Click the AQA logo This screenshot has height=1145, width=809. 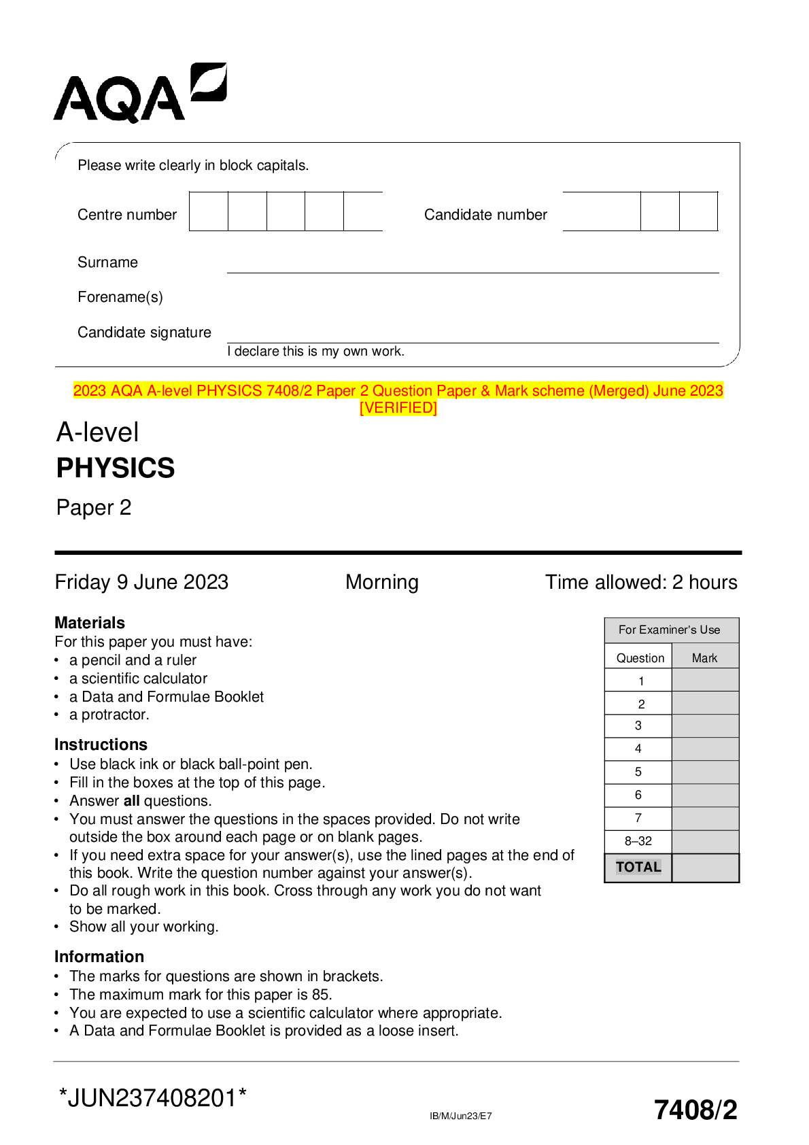[139, 93]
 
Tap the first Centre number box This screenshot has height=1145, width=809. [209, 211]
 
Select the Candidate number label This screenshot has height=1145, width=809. [485, 215]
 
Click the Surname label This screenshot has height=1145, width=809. [107, 262]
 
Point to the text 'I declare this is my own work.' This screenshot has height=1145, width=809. [316, 352]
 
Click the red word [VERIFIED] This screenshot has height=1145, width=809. [398, 408]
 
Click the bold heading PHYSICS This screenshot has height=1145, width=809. [116, 468]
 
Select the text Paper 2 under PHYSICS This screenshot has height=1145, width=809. [94, 508]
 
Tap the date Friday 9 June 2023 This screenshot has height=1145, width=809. [141, 582]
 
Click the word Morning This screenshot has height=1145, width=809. [382, 582]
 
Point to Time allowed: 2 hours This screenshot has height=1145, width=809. [641, 582]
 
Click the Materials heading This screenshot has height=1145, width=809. [90, 623]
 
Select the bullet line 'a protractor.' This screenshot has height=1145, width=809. [109, 715]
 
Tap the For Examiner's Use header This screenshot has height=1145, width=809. [669, 630]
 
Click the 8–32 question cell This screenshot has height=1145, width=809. [638, 841]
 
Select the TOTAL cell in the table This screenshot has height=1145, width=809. [638, 868]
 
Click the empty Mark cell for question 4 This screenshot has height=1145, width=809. [705, 749]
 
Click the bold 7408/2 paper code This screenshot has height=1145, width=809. [695, 1110]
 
